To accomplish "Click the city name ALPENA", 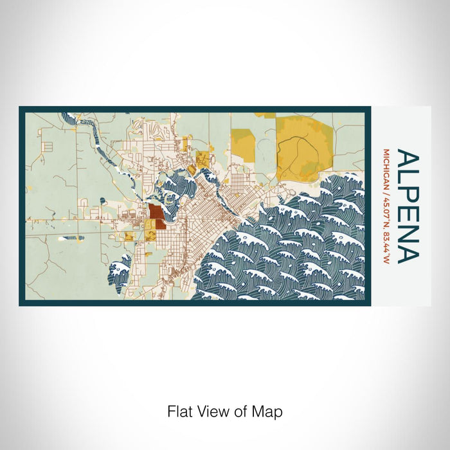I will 408,207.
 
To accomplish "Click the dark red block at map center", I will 156,214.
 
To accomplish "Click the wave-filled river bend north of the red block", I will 174,186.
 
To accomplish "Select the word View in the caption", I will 219,411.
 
